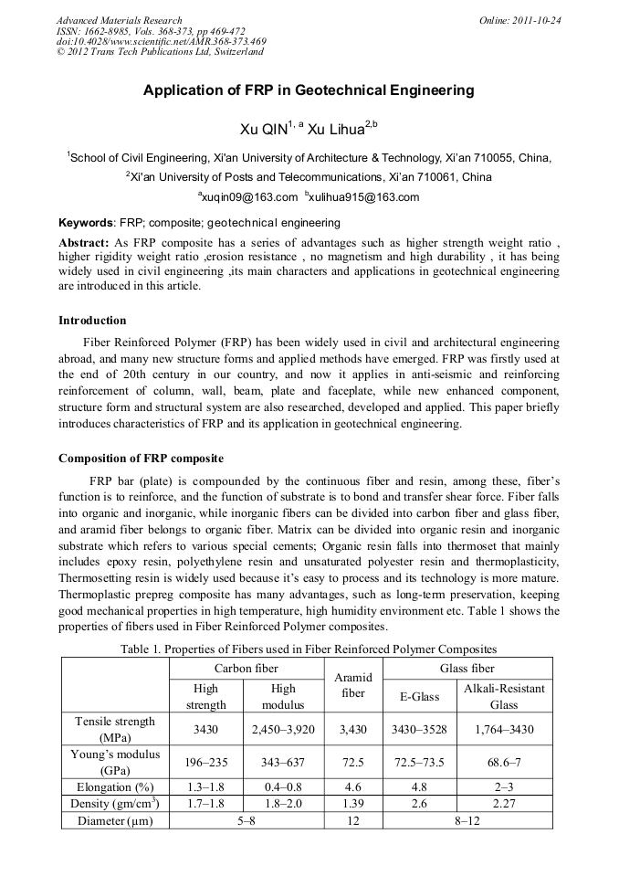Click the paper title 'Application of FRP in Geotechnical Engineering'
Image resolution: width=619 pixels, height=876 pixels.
tap(309, 90)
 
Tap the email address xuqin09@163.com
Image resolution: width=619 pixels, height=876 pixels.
tap(247, 197)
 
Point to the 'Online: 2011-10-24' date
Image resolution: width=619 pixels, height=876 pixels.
tap(518, 19)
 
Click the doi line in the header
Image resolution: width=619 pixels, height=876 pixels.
tap(161, 41)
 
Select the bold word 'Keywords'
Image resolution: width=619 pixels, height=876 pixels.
tap(86, 223)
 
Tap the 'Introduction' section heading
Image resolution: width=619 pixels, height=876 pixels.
tap(92, 321)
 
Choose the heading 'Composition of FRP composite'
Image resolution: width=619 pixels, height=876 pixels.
tap(141, 458)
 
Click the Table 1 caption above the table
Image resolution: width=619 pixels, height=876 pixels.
tap(309, 649)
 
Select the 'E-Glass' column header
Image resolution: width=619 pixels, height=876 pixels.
tap(421, 696)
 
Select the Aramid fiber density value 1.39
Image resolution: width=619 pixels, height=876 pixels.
tap(354, 803)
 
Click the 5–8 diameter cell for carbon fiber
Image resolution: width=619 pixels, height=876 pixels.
tap(246, 820)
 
